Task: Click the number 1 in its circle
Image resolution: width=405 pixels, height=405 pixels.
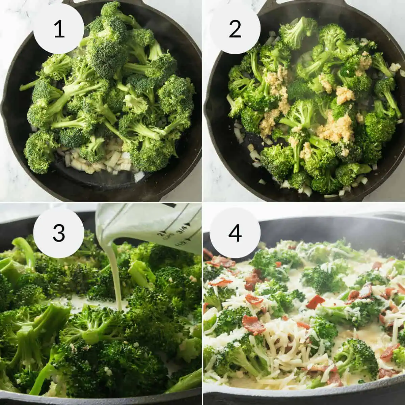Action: (x=59, y=29)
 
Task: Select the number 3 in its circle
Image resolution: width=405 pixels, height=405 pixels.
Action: (x=59, y=233)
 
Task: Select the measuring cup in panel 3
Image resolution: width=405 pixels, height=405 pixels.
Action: (x=152, y=226)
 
